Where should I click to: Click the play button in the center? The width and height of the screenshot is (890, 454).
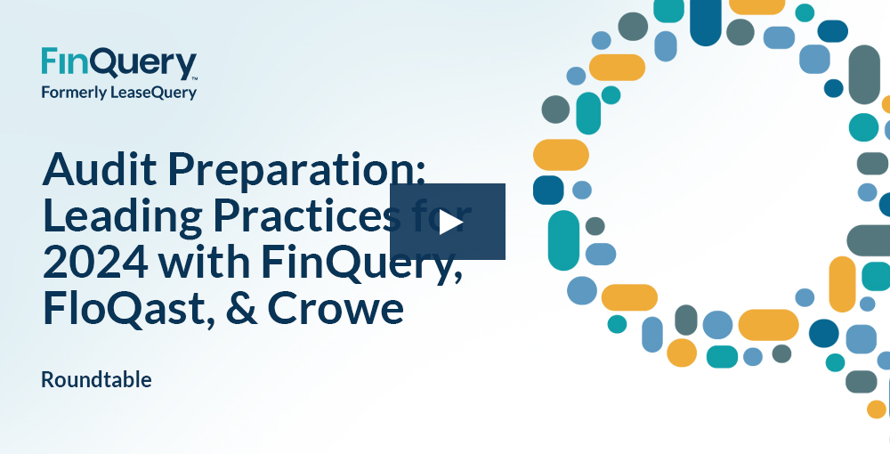tap(448, 222)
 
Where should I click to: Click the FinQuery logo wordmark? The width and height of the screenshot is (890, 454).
tap(118, 64)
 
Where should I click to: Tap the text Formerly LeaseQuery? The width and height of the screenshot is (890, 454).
tap(118, 92)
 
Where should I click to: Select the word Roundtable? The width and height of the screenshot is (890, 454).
tap(96, 379)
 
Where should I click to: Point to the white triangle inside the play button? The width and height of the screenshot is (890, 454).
tap(449, 222)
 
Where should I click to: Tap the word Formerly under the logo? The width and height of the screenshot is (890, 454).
tap(75, 92)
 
